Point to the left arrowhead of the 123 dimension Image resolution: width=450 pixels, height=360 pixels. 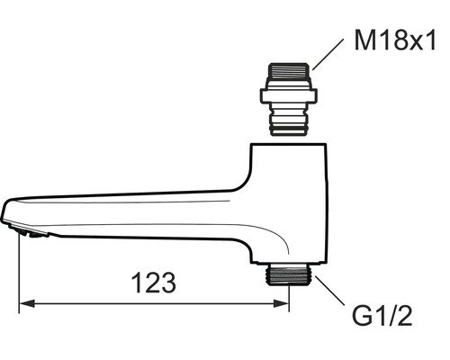pyautogui.click(x=26, y=304)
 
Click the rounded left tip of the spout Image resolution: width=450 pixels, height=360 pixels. pyautogui.click(x=7, y=213)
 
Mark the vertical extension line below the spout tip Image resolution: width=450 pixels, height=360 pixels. pyautogui.click(x=20, y=270)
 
